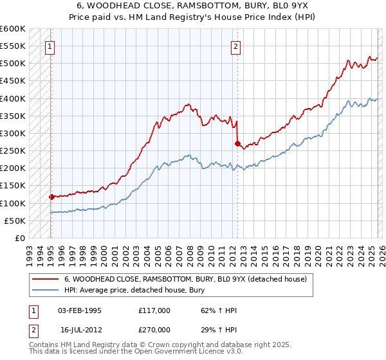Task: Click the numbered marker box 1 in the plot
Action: coord(50,46)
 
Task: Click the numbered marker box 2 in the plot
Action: coord(236,46)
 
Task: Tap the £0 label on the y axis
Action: coord(19,238)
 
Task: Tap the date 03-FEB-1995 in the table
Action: coord(80,311)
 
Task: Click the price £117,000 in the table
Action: coord(154,311)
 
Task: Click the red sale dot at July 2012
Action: coord(237,143)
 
